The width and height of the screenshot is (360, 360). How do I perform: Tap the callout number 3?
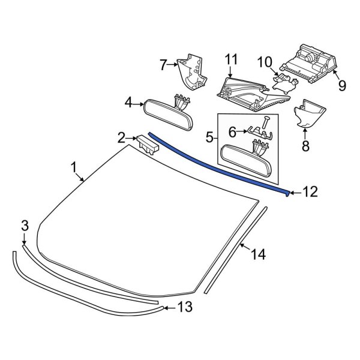[x=25, y=226]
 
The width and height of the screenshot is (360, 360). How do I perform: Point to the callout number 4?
[x=128, y=103]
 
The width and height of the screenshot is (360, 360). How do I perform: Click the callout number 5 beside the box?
[x=209, y=137]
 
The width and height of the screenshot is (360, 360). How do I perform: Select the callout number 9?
[x=341, y=85]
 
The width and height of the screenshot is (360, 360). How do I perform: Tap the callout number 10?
[x=265, y=61]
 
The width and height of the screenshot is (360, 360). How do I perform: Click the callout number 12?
[x=310, y=193]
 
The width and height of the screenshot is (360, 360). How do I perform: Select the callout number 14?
[x=257, y=254]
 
